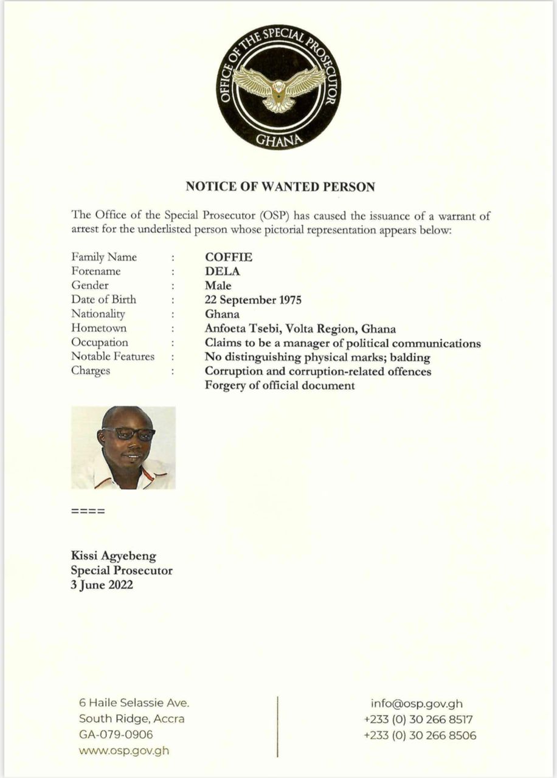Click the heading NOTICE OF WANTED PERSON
pyautogui.click(x=280, y=187)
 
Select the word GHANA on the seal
pyautogui.click(x=279, y=140)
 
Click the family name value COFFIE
pyautogui.click(x=229, y=257)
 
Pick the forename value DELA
pyautogui.click(x=223, y=271)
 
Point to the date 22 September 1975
pyautogui.click(x=254, y=300)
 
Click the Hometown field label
pyautogui.click(x=99, y=328)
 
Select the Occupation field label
pyautogui.click(x=100, y=342)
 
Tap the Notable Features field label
pyautogui.click(x=113, y=356)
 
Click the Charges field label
pyautogui.click(x=91, y=371)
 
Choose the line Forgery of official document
pyautogui.click(x=280, y=385)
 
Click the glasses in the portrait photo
pyautogui.click(x=128, y=434)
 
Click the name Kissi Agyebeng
pyautogui.click(x=114, y=556)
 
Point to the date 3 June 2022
pyautogui.click(x=102, y=585)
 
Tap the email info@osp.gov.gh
pyautogui.click(x=417, y=704)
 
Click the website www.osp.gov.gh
pyautogui.click(x=124, y=750)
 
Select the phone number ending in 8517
pyautogui.click(x=418, y=720)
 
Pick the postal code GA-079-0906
pyautogui.click(x=116, y=734)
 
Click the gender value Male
pyautogui.click(x=218, y=286)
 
